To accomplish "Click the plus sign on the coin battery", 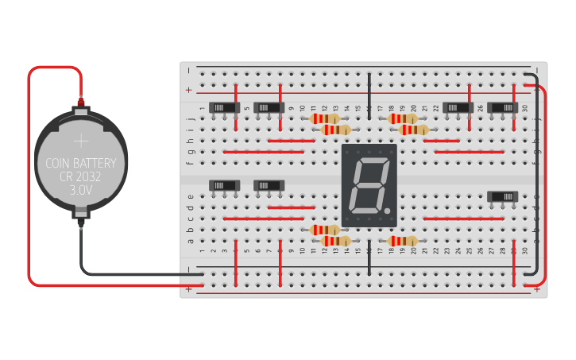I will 81,141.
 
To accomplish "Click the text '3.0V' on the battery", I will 81,191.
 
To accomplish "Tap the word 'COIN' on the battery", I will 58,164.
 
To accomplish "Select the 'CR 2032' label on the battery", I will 81,177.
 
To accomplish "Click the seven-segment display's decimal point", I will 389,211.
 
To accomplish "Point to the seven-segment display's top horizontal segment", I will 371,161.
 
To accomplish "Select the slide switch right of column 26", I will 503,107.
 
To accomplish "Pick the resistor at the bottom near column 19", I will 403,241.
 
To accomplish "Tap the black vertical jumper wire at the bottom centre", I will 369,261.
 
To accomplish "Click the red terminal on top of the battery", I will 81,103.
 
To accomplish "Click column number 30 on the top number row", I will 524,107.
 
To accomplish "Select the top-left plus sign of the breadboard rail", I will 189,90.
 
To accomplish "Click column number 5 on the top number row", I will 247,107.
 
